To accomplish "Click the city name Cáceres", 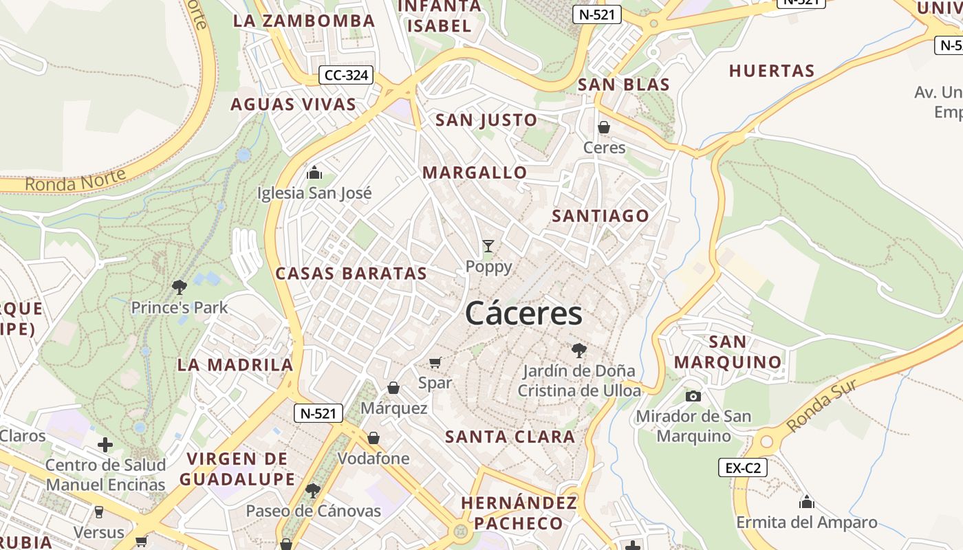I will [x=523, y=314].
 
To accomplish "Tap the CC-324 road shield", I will [x=345, y=75].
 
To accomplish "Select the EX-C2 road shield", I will [x=743, y=467].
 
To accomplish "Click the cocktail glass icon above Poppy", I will [x=488, y=245].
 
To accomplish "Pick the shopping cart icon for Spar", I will [x=435, y=362].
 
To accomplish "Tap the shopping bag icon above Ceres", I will [x=604, y=127].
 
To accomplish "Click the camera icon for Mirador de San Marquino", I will [x=693, y=396].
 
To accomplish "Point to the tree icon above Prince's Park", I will [x=180, y=287].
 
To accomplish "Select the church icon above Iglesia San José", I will [x=314, y=172].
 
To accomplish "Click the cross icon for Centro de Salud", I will [x=105, y=445].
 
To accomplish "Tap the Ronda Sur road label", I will [x=823, y=405].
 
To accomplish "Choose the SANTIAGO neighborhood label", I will [x=600, y=216].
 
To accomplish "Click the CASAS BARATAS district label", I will [x=351, y=273].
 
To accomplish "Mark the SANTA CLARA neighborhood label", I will [x=510, y=437].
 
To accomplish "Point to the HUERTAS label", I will [x=772, y=71].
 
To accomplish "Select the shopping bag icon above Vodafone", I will [x=374, y=438].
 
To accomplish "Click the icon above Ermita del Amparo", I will [x=807, y=502].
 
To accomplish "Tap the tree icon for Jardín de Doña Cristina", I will [x=579, y=351].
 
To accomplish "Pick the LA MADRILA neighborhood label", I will [x=235, y=364].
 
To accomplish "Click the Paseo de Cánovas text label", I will [x=314, y=511].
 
